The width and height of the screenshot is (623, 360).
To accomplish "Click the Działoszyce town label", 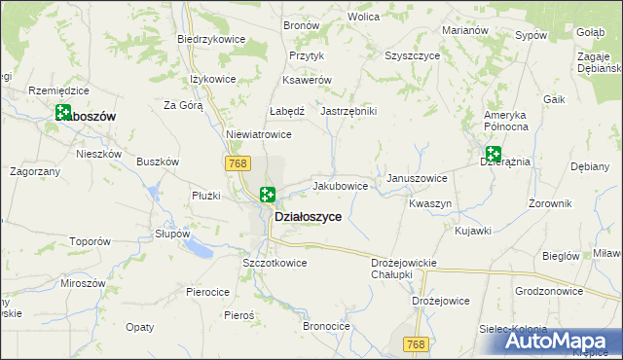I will click(308, 217).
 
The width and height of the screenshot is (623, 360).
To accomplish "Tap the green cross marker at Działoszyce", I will click(268, 195).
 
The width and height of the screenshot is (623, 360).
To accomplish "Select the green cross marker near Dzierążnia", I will click(494, 154).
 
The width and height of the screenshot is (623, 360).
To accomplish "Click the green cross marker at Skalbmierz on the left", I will click(63, 114).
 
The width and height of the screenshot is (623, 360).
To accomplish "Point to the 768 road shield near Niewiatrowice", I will click(238, 163).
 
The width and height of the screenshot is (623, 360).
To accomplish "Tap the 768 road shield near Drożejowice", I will click(416, 344).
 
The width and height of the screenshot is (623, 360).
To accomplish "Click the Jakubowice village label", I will click(340, 185).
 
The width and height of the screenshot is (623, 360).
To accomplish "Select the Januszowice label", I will click(417, 178).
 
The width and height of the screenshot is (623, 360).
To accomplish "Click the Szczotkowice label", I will click(275, 263).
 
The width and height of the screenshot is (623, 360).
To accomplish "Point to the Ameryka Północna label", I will click(506, 121).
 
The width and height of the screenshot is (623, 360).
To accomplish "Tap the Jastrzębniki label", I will click(348, 111).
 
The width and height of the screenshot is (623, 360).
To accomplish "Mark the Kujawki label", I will click(473, 231).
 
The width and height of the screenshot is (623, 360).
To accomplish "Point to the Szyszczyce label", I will click(412, 55).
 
